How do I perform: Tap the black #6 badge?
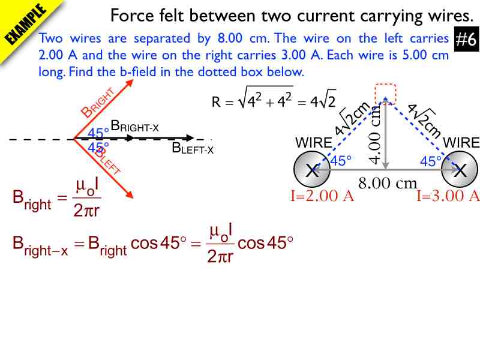[x=467, y=39]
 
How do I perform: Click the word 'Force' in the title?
[x=132, y=16]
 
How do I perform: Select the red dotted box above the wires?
[x=386, y=94]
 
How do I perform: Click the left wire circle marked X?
[x=312, y=169]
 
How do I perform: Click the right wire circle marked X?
[x=460, y=169]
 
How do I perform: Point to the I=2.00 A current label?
[x=322, y=196]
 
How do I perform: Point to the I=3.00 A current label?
[x=448, y=196]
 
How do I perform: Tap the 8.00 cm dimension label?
[x=388, y=183]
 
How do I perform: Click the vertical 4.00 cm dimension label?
[x=374, y=134]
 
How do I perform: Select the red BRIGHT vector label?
[x=98, y=103]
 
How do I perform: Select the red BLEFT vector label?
[x=107, y=161]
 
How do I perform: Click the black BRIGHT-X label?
[x=134, y=126]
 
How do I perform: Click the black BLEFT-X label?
[x=193, y=148]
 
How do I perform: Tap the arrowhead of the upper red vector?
[x=130, y=83]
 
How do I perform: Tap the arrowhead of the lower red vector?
[x=130, y=194]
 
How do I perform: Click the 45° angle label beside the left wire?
[x=341, y=161]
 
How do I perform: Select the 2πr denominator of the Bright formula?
[x=86, y=211]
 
